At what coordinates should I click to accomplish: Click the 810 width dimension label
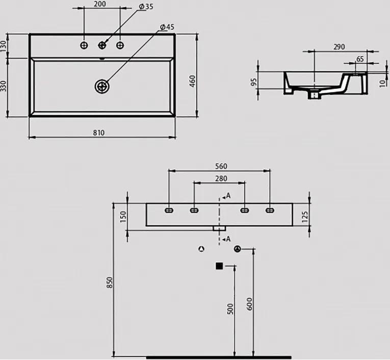(x=99, y=133)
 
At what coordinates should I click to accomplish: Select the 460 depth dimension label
(x=193, y=81)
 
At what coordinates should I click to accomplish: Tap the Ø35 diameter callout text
(x=146, y=7)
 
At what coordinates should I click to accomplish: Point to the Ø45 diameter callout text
(x=167, y=27)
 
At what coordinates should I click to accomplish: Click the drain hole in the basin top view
(x=102, y=86)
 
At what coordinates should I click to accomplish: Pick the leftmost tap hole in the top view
(x=84, y=45)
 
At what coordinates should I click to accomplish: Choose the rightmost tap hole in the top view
(x=120, y=45)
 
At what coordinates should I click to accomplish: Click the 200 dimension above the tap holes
(x=100, y=4)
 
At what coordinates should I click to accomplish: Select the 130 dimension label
(x=3, y=46)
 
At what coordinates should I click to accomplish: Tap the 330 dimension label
(x=3, y=86)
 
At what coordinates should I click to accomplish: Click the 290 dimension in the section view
(x=339, y=47)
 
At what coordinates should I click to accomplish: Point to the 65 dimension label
(x=360, y=59)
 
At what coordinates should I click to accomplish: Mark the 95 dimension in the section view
(x=254, y=82)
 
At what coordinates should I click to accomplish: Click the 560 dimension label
(x=221, y=166)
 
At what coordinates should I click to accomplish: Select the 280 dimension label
(x=221, y=178)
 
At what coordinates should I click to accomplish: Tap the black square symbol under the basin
(x=219, y=266)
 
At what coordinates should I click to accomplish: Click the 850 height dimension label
(x=110, y=282)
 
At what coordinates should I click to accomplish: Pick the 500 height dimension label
(x=230, y=308)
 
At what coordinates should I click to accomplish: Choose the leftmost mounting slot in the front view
(x=169, y=211)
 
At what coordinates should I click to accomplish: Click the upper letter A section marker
(x=228, y=196)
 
